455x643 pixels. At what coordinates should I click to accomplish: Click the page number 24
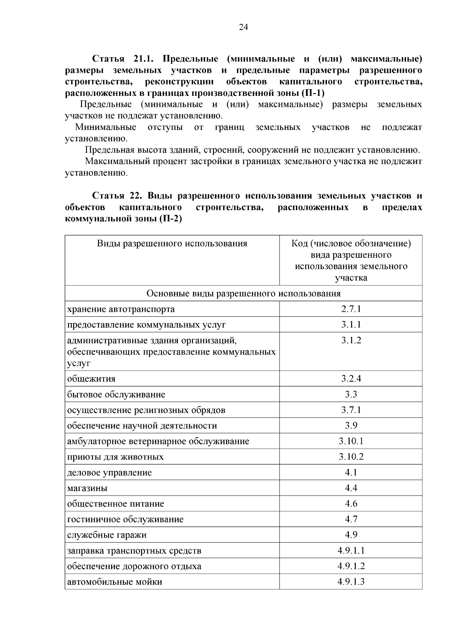tap(243, 27)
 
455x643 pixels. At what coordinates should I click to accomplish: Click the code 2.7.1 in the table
tap(351, 309)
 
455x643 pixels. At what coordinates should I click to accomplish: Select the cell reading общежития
tap(91, 379)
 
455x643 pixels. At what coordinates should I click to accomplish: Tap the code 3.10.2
tap(351, 457)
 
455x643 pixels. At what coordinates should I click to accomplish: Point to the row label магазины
tap(87, 488)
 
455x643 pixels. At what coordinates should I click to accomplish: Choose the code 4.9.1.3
tap(351, 582)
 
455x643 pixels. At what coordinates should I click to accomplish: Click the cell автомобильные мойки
tap(115, 582)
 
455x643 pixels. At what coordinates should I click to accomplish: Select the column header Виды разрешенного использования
tap(172, 243)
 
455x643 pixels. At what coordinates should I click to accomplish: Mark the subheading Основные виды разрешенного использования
tap(243, 293)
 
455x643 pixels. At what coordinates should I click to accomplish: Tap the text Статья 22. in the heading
tap(117, 196)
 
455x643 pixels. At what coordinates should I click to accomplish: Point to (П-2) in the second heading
tap(171, 219)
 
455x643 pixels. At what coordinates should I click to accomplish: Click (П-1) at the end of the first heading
tap(313, 93)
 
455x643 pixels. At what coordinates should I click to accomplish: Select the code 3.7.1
tap(351, 410)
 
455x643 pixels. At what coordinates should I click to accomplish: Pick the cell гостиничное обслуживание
tap(125, 519)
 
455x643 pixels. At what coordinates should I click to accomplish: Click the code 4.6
tap(351, 504)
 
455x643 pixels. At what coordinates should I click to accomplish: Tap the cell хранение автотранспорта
tap(121, 309)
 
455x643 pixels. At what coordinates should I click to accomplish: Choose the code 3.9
tap(351, 426)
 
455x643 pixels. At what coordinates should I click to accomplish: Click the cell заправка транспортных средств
tap(134, 551)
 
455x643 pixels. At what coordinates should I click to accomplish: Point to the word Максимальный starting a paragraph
tap(117, 161)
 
